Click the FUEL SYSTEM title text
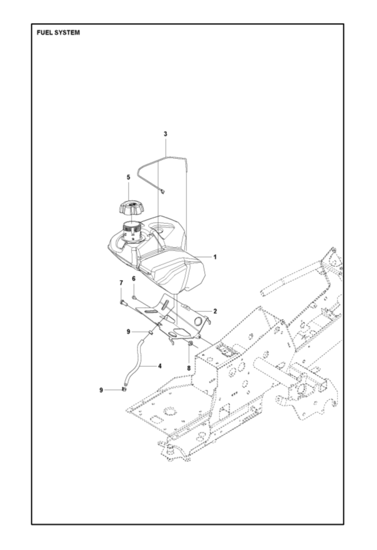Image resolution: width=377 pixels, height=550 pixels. pyautogui.click(x=58, y=32)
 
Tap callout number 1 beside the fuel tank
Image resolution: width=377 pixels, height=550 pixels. pyautogui.click(x=215, y=257)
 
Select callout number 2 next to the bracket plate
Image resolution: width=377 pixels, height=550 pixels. pyautogui.click(x=215, y=311)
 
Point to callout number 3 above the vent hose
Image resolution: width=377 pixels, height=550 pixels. pyautogui.click(x=165, y=134)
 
